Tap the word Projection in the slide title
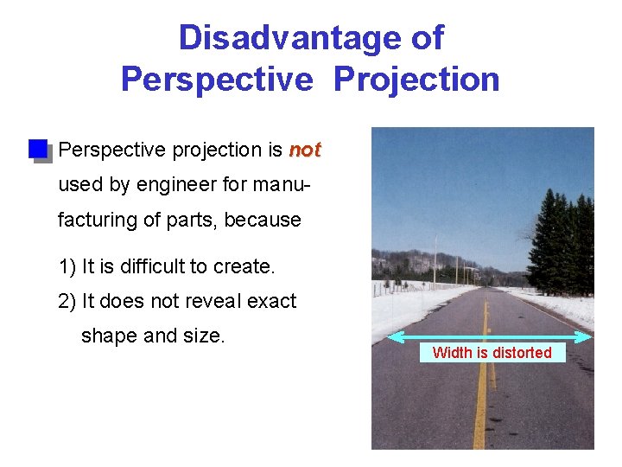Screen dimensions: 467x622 pos(416,79)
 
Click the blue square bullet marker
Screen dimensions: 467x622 pos(38,149)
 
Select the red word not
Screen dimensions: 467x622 pos(304,150)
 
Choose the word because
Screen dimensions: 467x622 pos(263,221)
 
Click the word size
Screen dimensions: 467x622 pos(204,336)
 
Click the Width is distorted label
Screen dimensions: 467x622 pos(492,353)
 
